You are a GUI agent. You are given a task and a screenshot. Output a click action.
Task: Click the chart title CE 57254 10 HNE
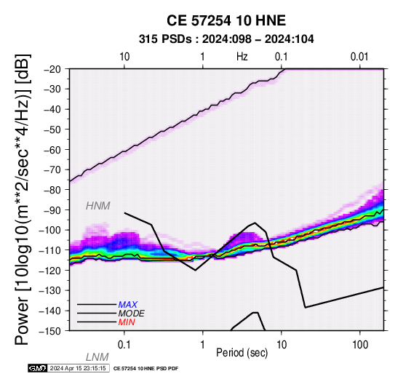point(226,20)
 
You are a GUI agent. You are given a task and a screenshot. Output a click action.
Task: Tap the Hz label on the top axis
point(242,57)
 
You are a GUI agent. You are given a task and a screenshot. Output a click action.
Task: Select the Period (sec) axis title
point(242,352)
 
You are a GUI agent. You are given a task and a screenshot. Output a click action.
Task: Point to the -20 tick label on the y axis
point(53,69)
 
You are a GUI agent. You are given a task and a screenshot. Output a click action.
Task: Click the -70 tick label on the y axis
point(53,169)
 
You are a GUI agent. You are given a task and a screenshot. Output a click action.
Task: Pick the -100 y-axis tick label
point(51,230)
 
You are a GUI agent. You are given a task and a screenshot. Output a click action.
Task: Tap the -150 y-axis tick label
point(51,331)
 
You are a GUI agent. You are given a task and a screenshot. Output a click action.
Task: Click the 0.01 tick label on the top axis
point(359,57)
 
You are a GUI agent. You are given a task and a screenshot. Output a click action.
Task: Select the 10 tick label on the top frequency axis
point(124,57)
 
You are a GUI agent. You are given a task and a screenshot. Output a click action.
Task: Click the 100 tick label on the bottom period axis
point(360,345)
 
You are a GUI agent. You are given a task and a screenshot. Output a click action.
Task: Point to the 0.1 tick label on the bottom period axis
point(124,345)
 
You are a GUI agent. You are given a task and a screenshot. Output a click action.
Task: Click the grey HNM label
point(98,206)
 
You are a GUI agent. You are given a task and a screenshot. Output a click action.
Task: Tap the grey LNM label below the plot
point(97,357)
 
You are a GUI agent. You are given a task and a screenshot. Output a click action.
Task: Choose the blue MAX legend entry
point(128,305)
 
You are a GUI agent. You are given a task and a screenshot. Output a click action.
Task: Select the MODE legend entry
point(132,314)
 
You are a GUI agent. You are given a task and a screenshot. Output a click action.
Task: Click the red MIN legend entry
point(127,322)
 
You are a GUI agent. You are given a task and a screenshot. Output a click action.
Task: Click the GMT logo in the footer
point(38,368)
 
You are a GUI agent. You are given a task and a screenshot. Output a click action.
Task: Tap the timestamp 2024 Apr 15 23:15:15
point(78,368)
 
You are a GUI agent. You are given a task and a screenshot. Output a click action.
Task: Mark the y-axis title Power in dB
point(23,199)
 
